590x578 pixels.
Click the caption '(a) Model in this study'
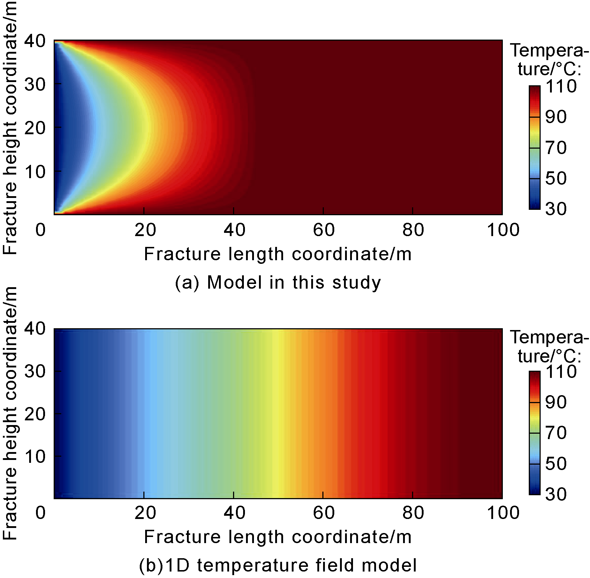(x=278, y=283)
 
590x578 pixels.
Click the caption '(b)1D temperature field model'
(x=278, y=565)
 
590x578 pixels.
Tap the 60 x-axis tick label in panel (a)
(x=323, y=230)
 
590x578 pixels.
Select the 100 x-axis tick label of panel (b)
(x=503, y=513)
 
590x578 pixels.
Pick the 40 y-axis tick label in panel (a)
(x=35, y=41)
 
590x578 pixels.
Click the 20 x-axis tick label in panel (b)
(x=145, y=513)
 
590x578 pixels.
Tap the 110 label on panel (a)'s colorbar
(x=561, y=87)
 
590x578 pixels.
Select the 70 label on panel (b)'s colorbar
(x=556, y=433)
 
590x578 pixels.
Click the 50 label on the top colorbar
(x=556, y=179)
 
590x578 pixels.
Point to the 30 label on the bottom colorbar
(x=556, y=494)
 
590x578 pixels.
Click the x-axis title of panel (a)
(x=278, y=254)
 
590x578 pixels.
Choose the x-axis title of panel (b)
(x=278, y=537)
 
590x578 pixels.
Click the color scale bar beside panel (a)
(x=535, y=147)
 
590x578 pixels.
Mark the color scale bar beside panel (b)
(x=535, y=433)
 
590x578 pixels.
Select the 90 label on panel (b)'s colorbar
(x=556, y=402)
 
